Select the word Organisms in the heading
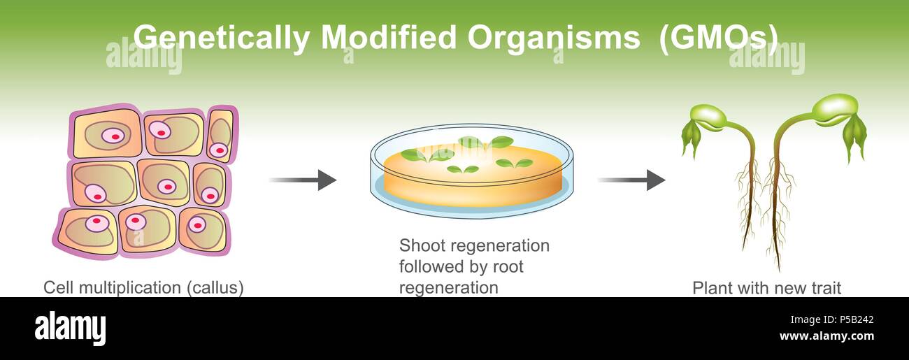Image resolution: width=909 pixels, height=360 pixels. (x=553, y=38)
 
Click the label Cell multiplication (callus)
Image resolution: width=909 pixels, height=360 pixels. (x=143, y=287)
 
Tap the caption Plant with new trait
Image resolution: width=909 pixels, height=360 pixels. (x=767, y=287)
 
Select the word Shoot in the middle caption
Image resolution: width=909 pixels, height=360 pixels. (x=420, y=246)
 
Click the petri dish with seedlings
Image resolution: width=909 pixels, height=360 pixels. (x=471, y=171)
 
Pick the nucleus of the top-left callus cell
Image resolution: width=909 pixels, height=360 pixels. (x=113, y=135)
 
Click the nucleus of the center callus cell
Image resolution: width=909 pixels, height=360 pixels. (x=166, y=187)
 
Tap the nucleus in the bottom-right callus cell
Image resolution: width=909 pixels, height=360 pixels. (x=198, y=225)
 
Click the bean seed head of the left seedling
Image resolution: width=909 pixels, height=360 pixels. (x=708, y=117)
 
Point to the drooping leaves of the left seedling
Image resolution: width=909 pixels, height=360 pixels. (x=690, y=137)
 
